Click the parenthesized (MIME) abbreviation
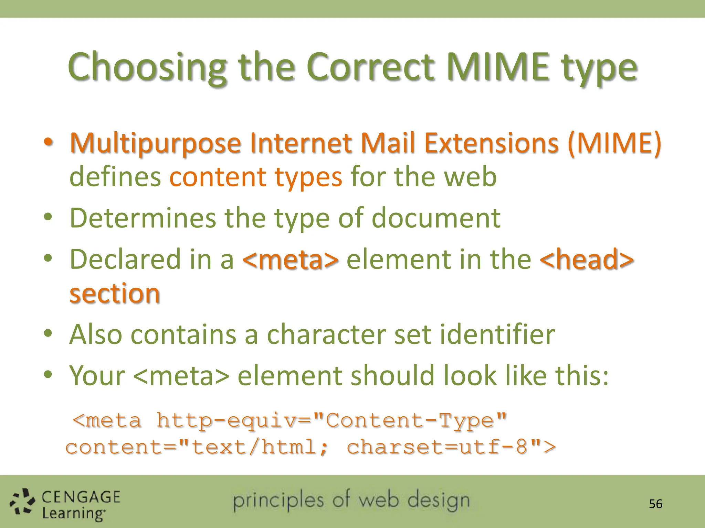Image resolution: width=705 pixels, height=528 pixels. (614, 143)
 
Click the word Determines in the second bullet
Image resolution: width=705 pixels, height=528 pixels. (143, 218)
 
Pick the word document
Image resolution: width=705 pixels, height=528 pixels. (436, 218)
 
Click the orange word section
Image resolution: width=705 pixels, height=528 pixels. (115, 294)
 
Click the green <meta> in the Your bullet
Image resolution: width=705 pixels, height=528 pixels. (181, 376)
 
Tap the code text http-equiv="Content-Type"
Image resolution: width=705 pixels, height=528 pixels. (332, 420)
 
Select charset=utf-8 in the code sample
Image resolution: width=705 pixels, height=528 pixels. (437, 447)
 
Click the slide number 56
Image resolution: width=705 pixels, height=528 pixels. (655, 504)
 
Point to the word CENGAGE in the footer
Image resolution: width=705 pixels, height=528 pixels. (81, 497)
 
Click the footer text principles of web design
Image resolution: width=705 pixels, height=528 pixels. (351, 500)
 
